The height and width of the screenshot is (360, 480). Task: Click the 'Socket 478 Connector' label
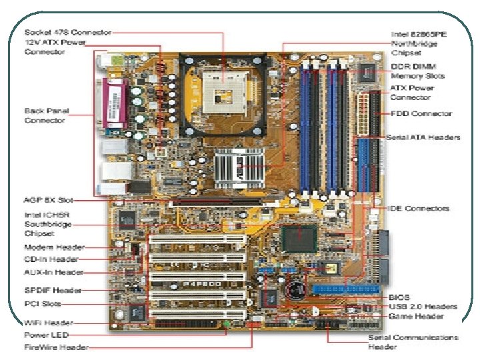pos(67,32)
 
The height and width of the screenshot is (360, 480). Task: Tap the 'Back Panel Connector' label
pos(46,115)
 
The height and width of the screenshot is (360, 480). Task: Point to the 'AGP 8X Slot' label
pos(47,199)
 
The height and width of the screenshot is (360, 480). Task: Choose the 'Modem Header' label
pos(54,247)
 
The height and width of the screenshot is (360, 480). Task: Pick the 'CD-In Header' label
pos(51,259)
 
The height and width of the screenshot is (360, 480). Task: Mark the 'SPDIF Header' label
pos(53,290)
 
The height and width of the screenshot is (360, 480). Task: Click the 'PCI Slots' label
pos(42,303)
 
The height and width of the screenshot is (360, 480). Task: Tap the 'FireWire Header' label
pos(56,347)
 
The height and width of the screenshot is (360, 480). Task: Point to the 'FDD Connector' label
pos(421,113)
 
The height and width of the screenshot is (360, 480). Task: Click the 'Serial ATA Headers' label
pos(423,137)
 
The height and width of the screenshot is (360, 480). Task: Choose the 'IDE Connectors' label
pos(419,209)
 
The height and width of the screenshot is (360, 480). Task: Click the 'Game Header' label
pos(417,316)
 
